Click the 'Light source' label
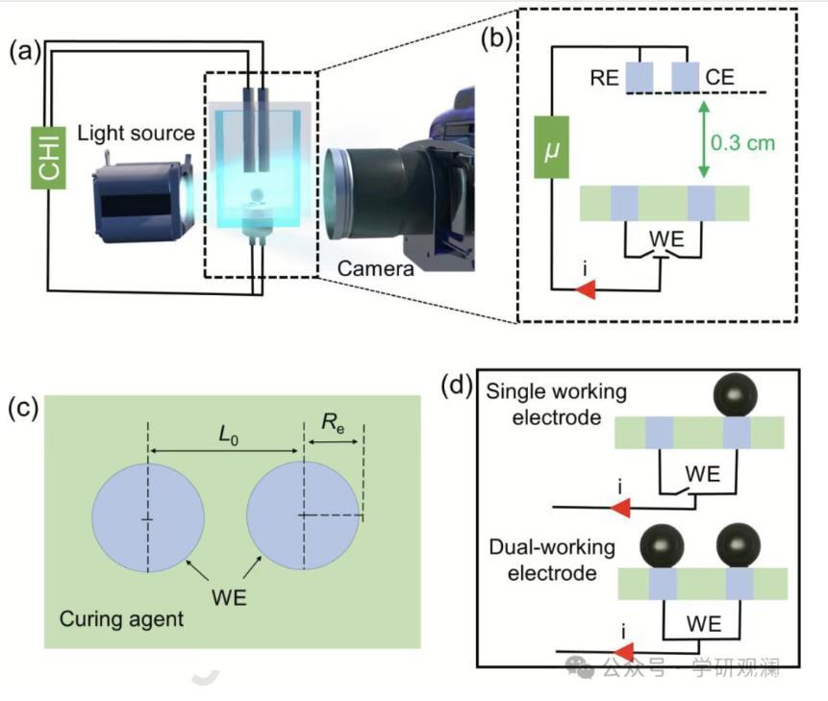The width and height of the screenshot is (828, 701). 137,133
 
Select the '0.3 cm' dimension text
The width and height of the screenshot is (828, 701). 742,142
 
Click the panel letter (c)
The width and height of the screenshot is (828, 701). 22,407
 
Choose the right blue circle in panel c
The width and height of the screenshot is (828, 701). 303,517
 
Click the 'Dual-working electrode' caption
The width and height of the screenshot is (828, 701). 552,560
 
